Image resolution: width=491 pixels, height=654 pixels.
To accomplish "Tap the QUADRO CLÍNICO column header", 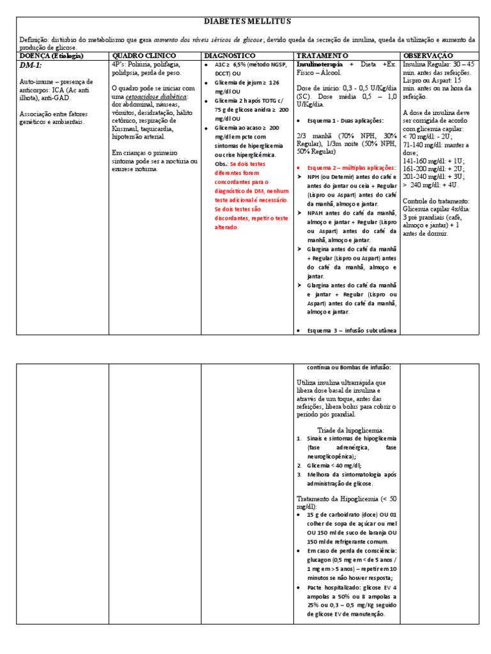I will click(x=140, y=56).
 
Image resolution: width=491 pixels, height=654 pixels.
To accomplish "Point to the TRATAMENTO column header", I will click(x=323, y=56).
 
